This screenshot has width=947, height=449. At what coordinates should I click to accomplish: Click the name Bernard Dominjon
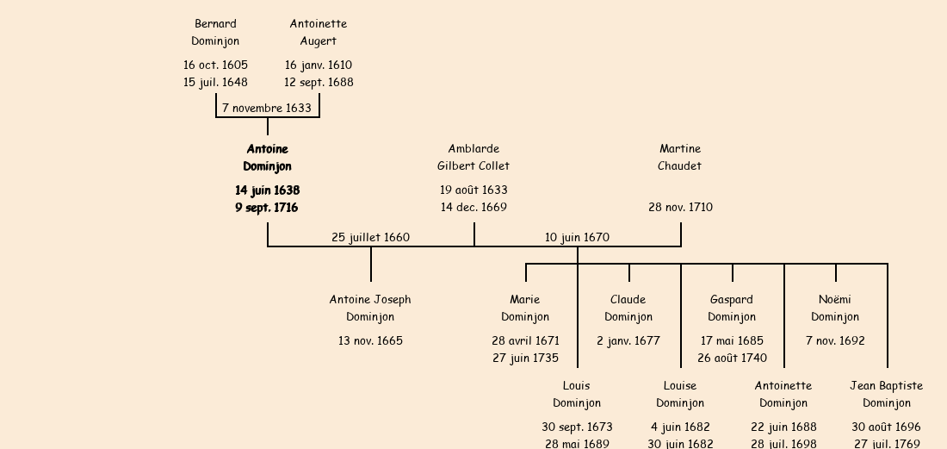[215, 32]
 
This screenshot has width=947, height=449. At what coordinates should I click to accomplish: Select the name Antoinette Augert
[319, 32]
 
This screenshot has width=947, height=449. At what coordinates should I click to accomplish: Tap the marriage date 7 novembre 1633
[267, 108]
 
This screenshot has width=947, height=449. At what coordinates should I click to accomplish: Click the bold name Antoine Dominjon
[267, 158]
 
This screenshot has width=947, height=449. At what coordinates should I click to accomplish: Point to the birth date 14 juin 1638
[267, 190]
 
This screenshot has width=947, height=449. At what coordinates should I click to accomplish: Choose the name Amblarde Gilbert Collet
[473, 158]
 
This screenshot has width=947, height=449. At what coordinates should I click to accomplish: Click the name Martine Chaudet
[680, 158]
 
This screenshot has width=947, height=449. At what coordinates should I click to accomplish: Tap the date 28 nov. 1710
[680, 207]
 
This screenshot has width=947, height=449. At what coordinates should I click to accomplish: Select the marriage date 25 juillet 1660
[371, 237]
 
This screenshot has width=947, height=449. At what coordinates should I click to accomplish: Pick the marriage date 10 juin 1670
[577, 237]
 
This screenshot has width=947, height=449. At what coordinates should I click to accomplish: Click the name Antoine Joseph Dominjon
[370, 308]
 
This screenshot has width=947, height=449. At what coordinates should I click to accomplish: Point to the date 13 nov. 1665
[370, 340]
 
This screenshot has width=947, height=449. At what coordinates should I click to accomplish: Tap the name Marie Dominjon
[525, 308]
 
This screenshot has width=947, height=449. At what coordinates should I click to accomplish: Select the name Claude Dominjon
[628, 308]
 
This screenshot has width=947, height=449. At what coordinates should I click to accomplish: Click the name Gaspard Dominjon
[732, 308]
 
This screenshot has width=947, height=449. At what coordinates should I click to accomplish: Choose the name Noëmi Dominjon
[835, 308]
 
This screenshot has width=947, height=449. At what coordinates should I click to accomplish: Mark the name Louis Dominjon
[577, 394]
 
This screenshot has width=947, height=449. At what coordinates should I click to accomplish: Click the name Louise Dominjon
[680, 394]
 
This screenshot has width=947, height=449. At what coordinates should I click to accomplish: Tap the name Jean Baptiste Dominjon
[887, 394]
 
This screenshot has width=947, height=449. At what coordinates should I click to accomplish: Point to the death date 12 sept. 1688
[319, 82]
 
